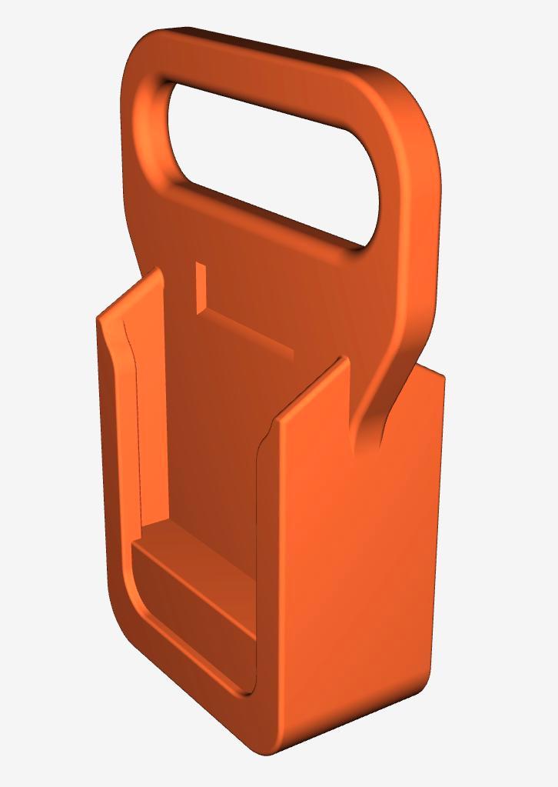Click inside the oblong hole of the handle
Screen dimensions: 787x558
[x=269, y=162]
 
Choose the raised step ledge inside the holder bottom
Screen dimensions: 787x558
[x=192, y=569]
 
